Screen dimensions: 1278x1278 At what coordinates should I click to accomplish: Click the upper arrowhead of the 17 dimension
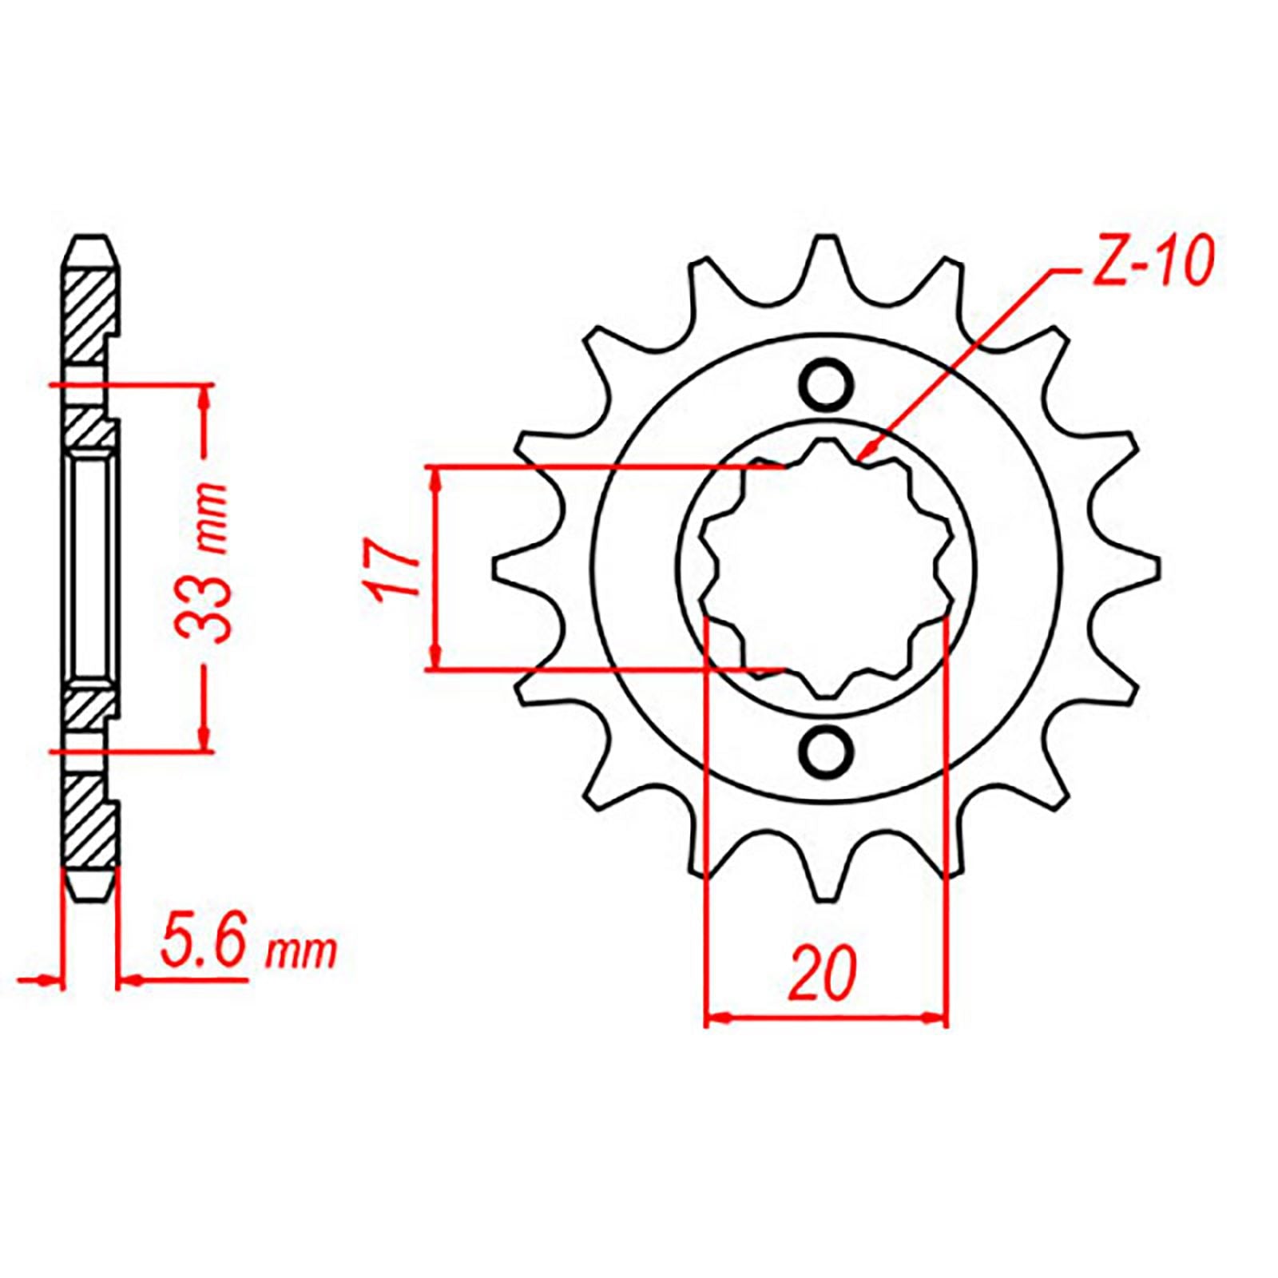(x=435, y=478)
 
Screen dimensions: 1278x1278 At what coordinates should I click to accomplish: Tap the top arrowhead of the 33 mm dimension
(x=205, y=395)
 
